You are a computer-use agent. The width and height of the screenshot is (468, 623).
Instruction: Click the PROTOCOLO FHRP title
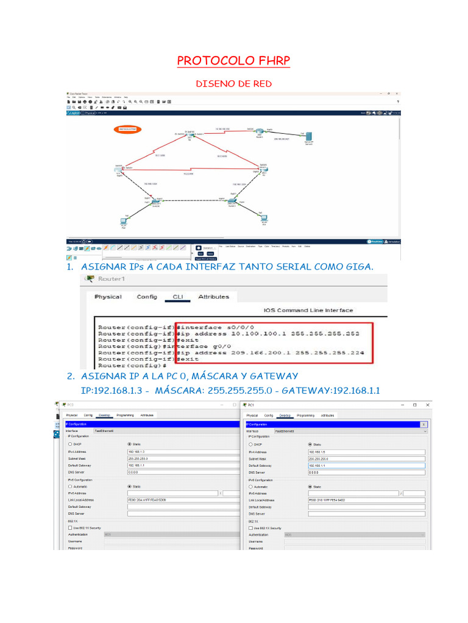click(233, 61)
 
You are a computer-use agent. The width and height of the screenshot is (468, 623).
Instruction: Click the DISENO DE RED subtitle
click(233, 83)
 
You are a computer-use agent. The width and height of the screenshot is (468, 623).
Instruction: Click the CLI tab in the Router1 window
click(178, 297)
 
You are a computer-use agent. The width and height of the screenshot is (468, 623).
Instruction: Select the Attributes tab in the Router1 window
click(213, 297)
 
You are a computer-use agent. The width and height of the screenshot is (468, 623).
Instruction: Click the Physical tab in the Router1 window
click(108, 297)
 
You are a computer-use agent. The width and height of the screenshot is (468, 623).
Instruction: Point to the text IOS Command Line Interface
click(308, 310)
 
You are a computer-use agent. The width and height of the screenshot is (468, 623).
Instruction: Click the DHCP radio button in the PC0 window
click(71, 444)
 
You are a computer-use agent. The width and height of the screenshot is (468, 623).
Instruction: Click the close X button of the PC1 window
click(428, 405)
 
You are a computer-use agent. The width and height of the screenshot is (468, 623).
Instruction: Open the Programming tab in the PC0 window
click(125, 415)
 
